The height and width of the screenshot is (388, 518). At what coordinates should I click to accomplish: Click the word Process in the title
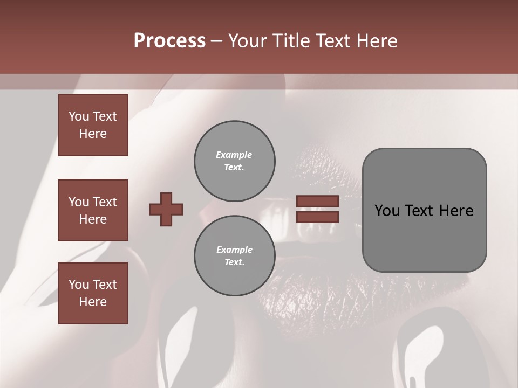pyautogui.click(x=169, y=41)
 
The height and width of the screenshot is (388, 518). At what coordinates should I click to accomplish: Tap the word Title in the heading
pyautogui.click(x=291, y=41)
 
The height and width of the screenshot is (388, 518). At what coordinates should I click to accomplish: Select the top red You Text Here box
pyautogui.click(x=93, y=125)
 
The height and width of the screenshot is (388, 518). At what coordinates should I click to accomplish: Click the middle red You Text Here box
pyautogui.click(x=93, y=210)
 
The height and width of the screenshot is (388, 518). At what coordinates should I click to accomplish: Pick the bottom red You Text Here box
pyautogui.click(x=93, y=293)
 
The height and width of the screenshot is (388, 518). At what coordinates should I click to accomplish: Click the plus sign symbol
pyautogui.click(x=166, y=209)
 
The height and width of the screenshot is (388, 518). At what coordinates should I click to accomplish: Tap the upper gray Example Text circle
pyautogui.click(x=234, y=161)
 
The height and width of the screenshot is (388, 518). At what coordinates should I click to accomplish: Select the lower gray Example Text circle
pyautogui.click(x=234, y=256)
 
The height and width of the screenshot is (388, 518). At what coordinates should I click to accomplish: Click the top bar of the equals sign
pyautogui.click(x=317, y=202)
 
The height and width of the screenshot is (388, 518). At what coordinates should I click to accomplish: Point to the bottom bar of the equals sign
pyautogui.click(x=317, y=217)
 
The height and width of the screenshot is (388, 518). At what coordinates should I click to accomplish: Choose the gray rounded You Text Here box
pyautogui.click(x=424, y=210)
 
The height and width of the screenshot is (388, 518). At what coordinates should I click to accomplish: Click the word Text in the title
pyautogui.click(x=333, y=41)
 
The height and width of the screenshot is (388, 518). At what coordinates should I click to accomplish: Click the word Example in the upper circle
pyautogui.click(x=234, y=155)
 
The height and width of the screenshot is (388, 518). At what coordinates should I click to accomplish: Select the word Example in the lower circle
pyautogui.click(x=234, y=250)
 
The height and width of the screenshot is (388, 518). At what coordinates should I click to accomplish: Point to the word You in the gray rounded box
pyautogui.click(x=386, y=211)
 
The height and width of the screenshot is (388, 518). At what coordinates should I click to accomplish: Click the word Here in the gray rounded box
pyautogui.click(x=456, y=211)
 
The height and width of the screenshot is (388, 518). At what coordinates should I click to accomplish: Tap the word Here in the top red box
pyautogui.click(x=93, y=134)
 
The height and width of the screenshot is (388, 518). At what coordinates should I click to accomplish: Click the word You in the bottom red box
pyautogui.click(x=79, y=285)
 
